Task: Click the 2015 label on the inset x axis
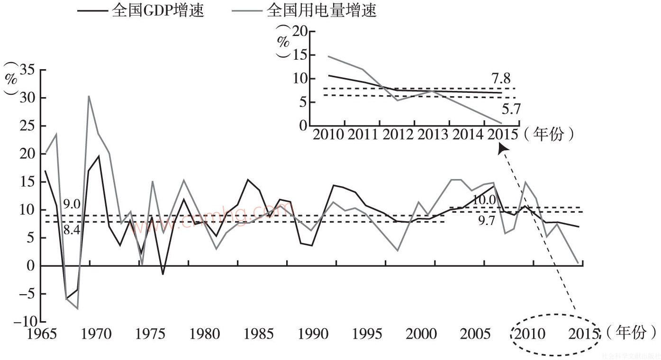pos(502,135)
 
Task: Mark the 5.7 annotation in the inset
pos(511,110)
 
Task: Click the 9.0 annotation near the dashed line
pos(71,205)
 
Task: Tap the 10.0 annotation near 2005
pos(484,200)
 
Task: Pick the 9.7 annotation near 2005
pos(487,221)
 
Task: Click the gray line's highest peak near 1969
pos(89,96)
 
